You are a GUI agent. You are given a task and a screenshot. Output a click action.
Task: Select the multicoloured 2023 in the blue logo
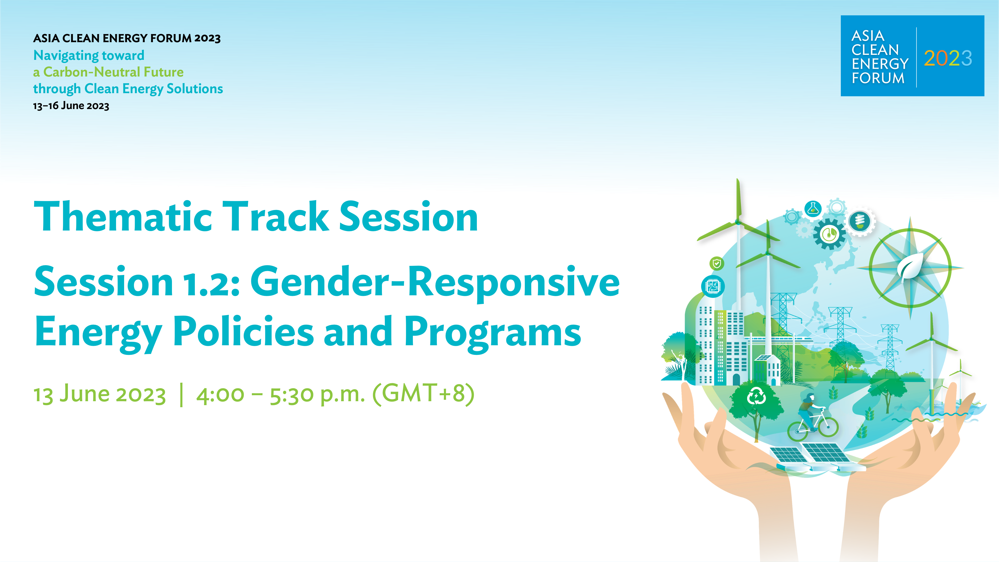tap(948, 59)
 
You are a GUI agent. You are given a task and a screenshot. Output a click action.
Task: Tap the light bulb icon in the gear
tap(860, 221)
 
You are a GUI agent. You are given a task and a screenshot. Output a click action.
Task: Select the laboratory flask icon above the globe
tap(813, 209)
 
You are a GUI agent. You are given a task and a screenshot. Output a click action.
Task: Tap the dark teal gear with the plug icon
tap(829, 234)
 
